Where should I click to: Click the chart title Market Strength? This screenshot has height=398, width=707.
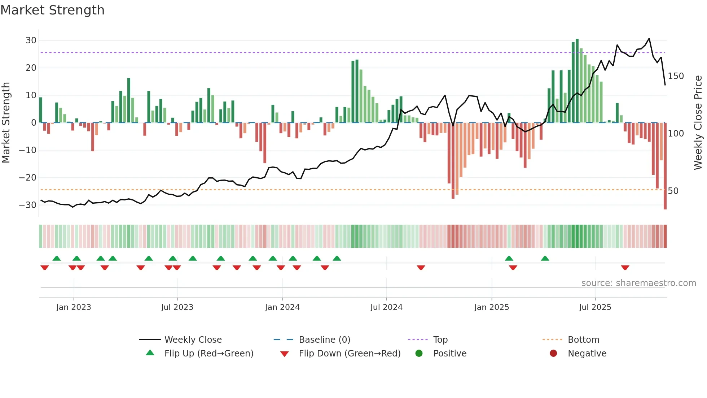(x=52, y=10)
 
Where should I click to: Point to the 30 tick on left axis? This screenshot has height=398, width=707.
(x=31, y=40)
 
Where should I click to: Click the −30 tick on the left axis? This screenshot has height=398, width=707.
(x=28, y=205)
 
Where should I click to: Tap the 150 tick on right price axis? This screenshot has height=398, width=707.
(x=676, y=76)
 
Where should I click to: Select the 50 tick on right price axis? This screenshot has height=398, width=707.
(x=673, y=191)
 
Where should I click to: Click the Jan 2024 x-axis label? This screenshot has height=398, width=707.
(x=282, y=307)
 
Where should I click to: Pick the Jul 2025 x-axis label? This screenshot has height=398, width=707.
(x=595, y=307)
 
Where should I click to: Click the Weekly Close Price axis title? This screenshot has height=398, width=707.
(x=698, y=123)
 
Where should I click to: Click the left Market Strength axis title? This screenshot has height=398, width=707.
(x=6, y=123)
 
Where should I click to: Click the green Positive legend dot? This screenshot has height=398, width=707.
(x=419, y=354)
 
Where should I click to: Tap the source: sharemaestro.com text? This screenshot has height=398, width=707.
(x=638, y=283)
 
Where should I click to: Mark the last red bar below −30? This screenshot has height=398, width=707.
(x=665, y=166)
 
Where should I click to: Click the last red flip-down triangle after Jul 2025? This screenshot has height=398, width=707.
(x=625, y=268)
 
